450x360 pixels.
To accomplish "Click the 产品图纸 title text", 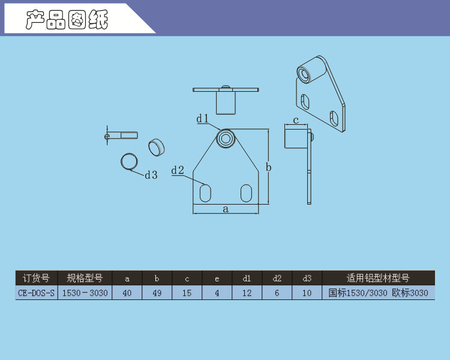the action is (x=67, y=20).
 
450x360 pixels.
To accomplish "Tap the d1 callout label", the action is (x=203, y=118).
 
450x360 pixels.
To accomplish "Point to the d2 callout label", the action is (x=178, y=170).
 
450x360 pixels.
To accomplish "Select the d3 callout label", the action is (x=151, y=175).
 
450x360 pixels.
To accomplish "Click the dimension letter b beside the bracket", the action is (x=269, y=167).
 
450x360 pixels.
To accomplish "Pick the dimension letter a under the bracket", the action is (x=226, y=209).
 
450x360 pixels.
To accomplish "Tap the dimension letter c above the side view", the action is (x=296, y=120).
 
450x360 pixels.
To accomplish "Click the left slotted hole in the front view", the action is (x=205, y=193).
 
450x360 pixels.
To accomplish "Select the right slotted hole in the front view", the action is (x=246, y=193).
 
